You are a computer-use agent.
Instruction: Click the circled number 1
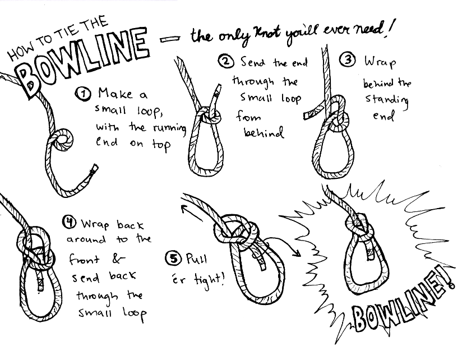click(83, 94)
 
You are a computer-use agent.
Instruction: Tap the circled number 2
click(226, 62)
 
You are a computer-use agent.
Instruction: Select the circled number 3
click(348, 59)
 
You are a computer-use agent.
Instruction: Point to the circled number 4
click(70, 223)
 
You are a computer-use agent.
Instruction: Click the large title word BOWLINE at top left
click(82, 59)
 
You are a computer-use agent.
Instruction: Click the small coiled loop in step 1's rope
click(63, 139)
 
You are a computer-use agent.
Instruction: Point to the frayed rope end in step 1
click(95, 169)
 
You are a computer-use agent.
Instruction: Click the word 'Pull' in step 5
click(197, 259)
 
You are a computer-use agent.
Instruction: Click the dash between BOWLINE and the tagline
click(170, 39)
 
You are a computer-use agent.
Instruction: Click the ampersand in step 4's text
click(118, 259)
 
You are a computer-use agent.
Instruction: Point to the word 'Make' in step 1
click(115, 94)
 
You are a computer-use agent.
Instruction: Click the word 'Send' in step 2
click(252, 62)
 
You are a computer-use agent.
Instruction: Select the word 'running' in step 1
click(169, 128)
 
